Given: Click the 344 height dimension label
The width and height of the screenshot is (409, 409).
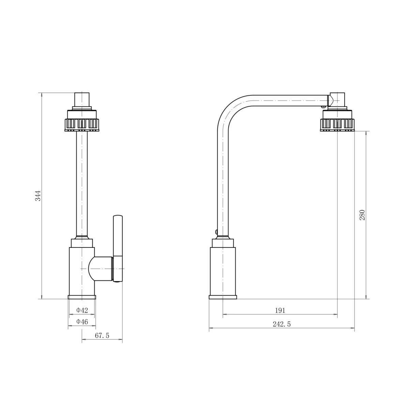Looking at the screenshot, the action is pos(38,196).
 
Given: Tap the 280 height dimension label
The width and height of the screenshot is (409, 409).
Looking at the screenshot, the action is pos(362,215).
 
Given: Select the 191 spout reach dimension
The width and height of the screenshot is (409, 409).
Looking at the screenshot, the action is pos(280,310).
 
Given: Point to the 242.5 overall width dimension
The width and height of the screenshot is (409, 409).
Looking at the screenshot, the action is pos(282,324).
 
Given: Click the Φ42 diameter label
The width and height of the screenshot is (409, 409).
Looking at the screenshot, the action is pos(82,310).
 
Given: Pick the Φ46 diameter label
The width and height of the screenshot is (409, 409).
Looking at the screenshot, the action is pos(82,322).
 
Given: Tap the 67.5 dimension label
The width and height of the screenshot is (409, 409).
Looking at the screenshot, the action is pos(102,336).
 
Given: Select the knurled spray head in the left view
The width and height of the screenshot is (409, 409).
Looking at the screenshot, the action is pos(82,121).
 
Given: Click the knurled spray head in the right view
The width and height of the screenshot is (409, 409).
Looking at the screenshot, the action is pos(337,121).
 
